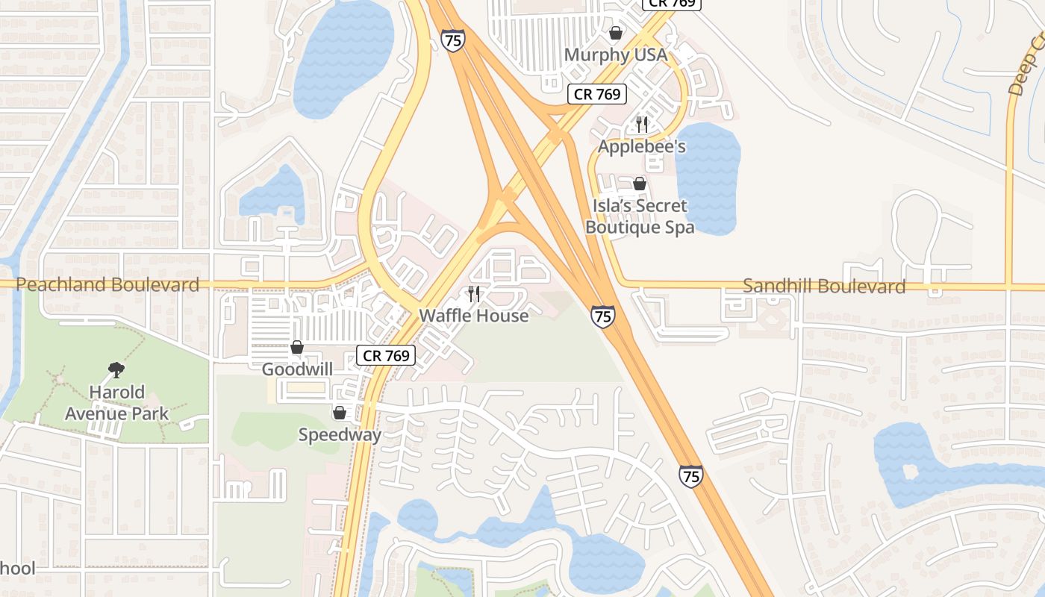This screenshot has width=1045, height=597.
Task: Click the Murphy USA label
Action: [x=615, y=55]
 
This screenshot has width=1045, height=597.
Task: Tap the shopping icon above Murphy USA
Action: [x=616, y=33]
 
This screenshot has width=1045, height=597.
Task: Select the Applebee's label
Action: [x=642, y=146]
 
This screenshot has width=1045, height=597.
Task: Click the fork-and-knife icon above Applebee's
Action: [x=642, y=124]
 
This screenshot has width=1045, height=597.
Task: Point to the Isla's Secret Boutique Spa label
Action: [x=640, y=216]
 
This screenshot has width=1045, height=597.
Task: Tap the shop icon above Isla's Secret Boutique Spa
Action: [x=640, y=184]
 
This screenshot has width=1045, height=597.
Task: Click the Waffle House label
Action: [x=473, y=316]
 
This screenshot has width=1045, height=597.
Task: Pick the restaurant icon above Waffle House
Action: [x=474, y=294]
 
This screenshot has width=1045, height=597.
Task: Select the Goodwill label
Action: [x=297, y=369]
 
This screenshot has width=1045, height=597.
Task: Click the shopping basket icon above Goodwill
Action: [x=297, y=347]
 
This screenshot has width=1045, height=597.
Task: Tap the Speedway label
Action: [x=340, y=435]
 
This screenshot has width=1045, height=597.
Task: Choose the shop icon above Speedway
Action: [x=340, y=413]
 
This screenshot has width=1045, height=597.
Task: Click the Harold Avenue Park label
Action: [x=116, y=403]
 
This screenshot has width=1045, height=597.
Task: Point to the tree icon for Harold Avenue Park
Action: [x=116, y=369]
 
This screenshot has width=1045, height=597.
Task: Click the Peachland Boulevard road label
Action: [x=107, y=284]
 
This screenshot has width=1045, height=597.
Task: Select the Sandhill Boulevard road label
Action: [x=824, y=286]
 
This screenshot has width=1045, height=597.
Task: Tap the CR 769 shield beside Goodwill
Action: [x=385, y=356]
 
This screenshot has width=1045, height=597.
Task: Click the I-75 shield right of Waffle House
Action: [x=603, y=316]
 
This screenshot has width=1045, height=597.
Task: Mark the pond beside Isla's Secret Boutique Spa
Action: [x=708, y=179]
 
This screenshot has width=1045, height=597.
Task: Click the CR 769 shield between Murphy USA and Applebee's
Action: [x=596, y=95]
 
